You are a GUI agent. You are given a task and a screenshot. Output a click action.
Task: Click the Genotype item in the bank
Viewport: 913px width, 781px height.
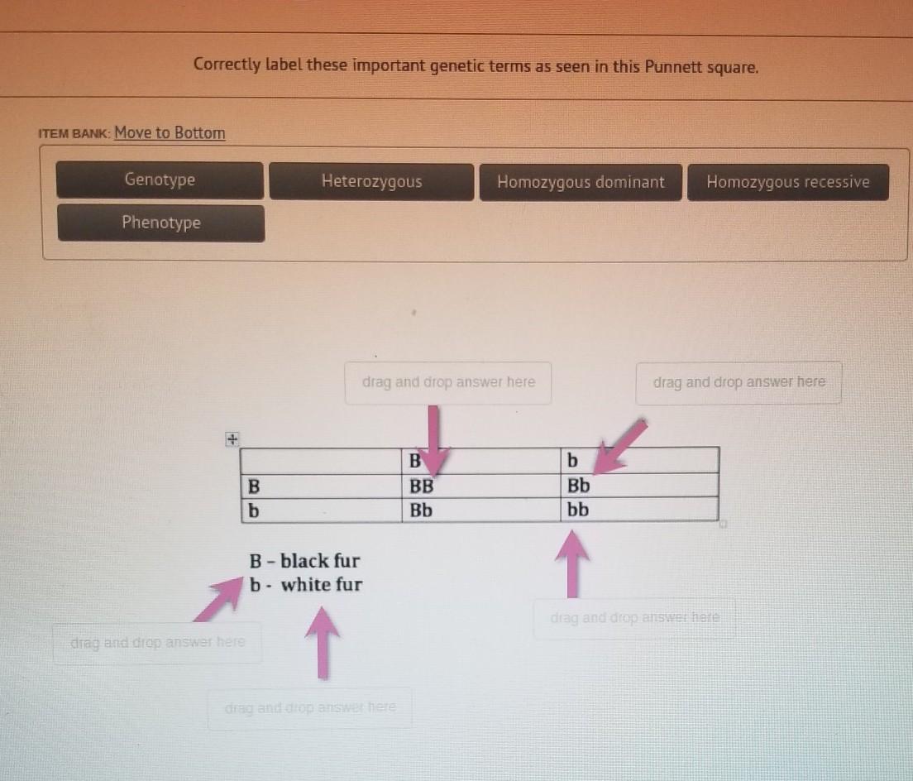[x=160, y=180]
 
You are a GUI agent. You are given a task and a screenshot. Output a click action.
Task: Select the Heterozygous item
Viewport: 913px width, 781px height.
[x=371, y=182]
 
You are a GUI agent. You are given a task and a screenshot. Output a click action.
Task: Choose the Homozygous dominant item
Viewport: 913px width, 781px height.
[x=581, y=182]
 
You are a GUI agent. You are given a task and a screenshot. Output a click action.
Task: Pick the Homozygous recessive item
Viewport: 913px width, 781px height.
[x=788, y=182]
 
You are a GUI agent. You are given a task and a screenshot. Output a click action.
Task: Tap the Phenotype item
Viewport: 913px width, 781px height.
[x=160, y=223]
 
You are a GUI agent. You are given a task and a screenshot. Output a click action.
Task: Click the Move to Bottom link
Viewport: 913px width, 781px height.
[x=170, y=133]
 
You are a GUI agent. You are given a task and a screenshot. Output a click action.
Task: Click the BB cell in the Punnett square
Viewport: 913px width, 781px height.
[x=481, y=485]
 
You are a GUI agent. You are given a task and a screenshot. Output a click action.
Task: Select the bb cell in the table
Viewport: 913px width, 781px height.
[x=639, y=510]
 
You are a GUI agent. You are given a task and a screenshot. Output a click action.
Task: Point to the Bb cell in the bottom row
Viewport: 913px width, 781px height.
[x=481, y=510]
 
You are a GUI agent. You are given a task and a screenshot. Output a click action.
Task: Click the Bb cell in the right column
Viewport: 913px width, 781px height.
[x=639, y=485]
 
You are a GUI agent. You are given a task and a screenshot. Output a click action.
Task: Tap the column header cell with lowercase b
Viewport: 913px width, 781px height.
[x=639, y=460]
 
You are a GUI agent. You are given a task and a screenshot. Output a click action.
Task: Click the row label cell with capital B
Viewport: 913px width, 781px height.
[x=322, y=486]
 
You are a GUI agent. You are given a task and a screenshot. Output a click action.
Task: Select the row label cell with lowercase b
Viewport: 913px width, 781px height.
[x=322, y=510]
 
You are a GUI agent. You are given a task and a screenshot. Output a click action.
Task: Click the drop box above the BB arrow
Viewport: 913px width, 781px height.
[x=447, y=382]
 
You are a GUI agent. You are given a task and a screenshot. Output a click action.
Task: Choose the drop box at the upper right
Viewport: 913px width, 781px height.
[x=739, y=382]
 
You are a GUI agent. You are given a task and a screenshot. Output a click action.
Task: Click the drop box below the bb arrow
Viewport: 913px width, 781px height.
[x=634, y=618]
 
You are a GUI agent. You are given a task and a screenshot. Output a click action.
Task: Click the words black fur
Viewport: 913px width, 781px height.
[x=320, y=561]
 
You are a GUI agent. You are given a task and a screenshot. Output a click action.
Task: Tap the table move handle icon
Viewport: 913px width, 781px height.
[x=232, y=438]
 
